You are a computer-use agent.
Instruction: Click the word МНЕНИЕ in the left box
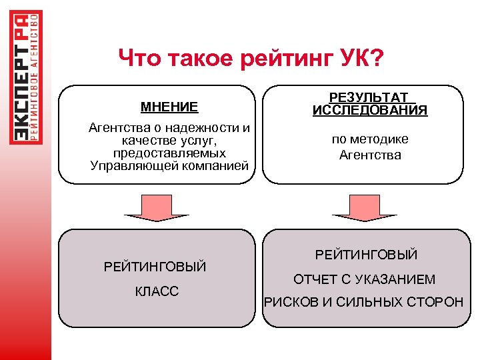pos(169,107)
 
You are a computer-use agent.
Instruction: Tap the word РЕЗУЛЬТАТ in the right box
pos(369,98)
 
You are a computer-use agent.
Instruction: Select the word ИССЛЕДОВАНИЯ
pos(370,111)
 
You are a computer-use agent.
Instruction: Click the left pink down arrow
pos(157,207)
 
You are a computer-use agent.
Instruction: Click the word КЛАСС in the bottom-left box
pos(157,292)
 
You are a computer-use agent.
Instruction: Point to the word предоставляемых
pos(170,153)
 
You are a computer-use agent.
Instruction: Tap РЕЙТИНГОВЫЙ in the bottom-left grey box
pos(155,267)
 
